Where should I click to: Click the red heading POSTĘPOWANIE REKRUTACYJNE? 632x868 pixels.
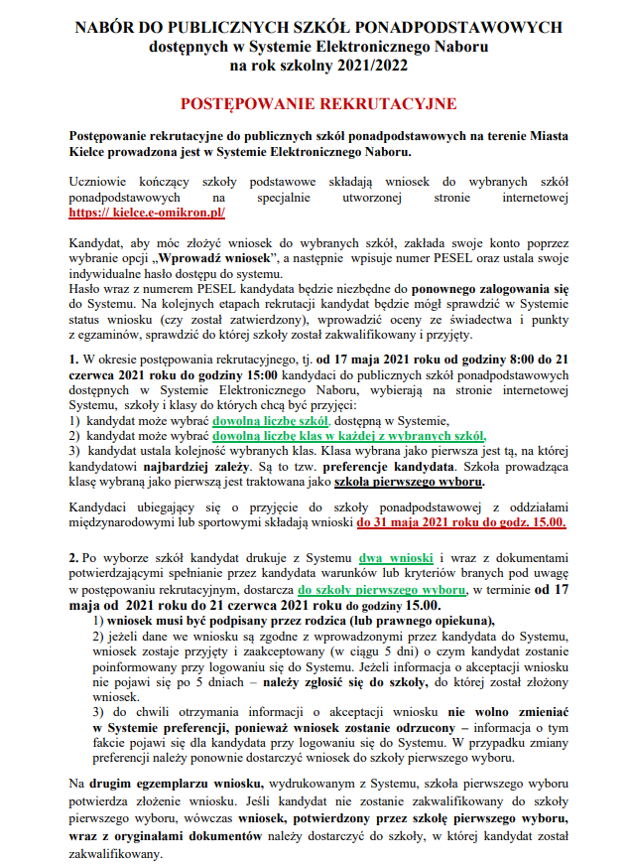pyautogui.click(x=316, y=103)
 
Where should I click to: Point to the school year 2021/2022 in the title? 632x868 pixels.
pyautogui.click(x=360, y=66)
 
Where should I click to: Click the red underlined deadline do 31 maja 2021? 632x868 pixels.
pyautogui.click(x=462, y=522)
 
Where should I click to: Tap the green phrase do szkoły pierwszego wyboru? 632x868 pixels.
pyautogui.click(x=382, y=589)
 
